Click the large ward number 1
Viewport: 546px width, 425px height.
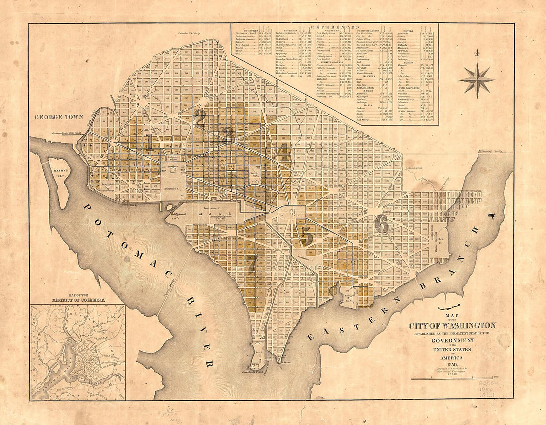(149, 142)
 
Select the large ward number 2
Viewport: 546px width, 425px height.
(200, 119)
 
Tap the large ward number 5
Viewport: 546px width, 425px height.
(307, 235)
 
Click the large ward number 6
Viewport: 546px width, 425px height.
(381, 224)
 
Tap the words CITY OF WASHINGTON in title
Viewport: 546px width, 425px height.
(452, 325)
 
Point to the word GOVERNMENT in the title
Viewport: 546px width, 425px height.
(452, 340)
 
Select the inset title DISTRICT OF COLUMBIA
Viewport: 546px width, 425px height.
(78, 301)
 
